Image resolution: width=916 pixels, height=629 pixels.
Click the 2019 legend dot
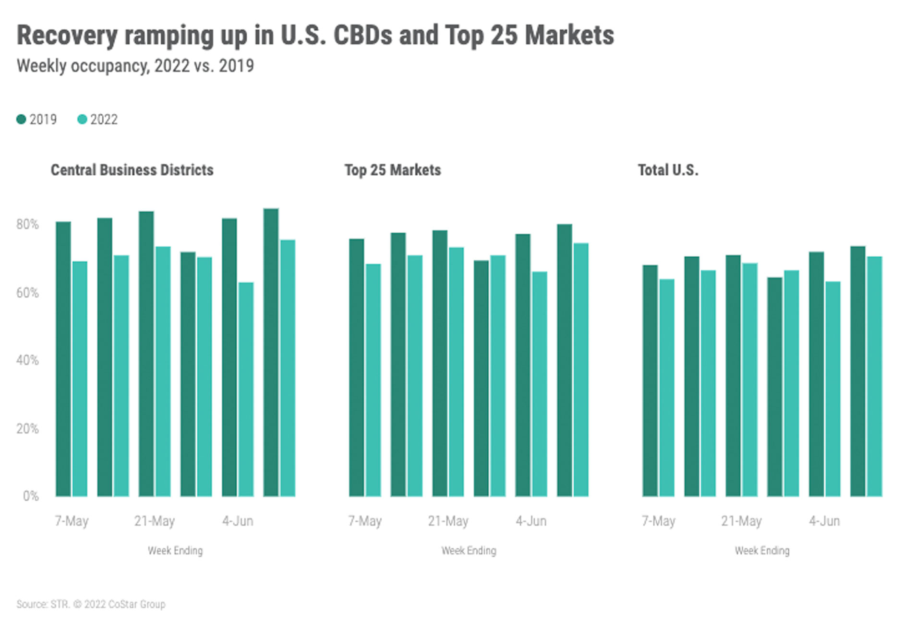[x=21, y=119]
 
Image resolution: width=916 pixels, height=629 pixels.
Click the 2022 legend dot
[x=82, y=119]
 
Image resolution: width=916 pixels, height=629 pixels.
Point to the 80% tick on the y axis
[x=27, y=224]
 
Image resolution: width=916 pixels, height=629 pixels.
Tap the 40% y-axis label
[x=27, y=360]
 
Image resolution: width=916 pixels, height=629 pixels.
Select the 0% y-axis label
[x=31, y=496]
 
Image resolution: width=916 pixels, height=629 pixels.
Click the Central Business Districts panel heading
[x=132, y=170]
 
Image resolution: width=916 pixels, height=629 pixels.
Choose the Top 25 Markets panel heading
[x=392, y=170]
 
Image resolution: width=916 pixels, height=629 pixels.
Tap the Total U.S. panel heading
[x=668, y=170]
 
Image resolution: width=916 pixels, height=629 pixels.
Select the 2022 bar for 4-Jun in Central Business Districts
[x=246, y=389]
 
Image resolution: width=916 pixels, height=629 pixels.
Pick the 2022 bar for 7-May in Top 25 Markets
[x=373, y=380]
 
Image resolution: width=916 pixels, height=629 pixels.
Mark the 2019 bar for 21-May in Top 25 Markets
[x=440, y=363]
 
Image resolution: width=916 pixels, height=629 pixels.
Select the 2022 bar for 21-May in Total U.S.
[x=749, y=379]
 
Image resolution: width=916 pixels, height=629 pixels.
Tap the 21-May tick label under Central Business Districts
[x=155, y=521]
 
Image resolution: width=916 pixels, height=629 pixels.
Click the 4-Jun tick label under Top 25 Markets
[x=531, y=521]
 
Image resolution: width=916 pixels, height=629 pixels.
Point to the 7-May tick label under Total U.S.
[x=658, y=521]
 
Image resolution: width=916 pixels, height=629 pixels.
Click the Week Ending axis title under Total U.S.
[x=762, y=551]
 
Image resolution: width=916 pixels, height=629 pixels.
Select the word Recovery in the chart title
[x=67, y=36]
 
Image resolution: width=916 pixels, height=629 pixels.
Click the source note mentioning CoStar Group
[x=91, y=604]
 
